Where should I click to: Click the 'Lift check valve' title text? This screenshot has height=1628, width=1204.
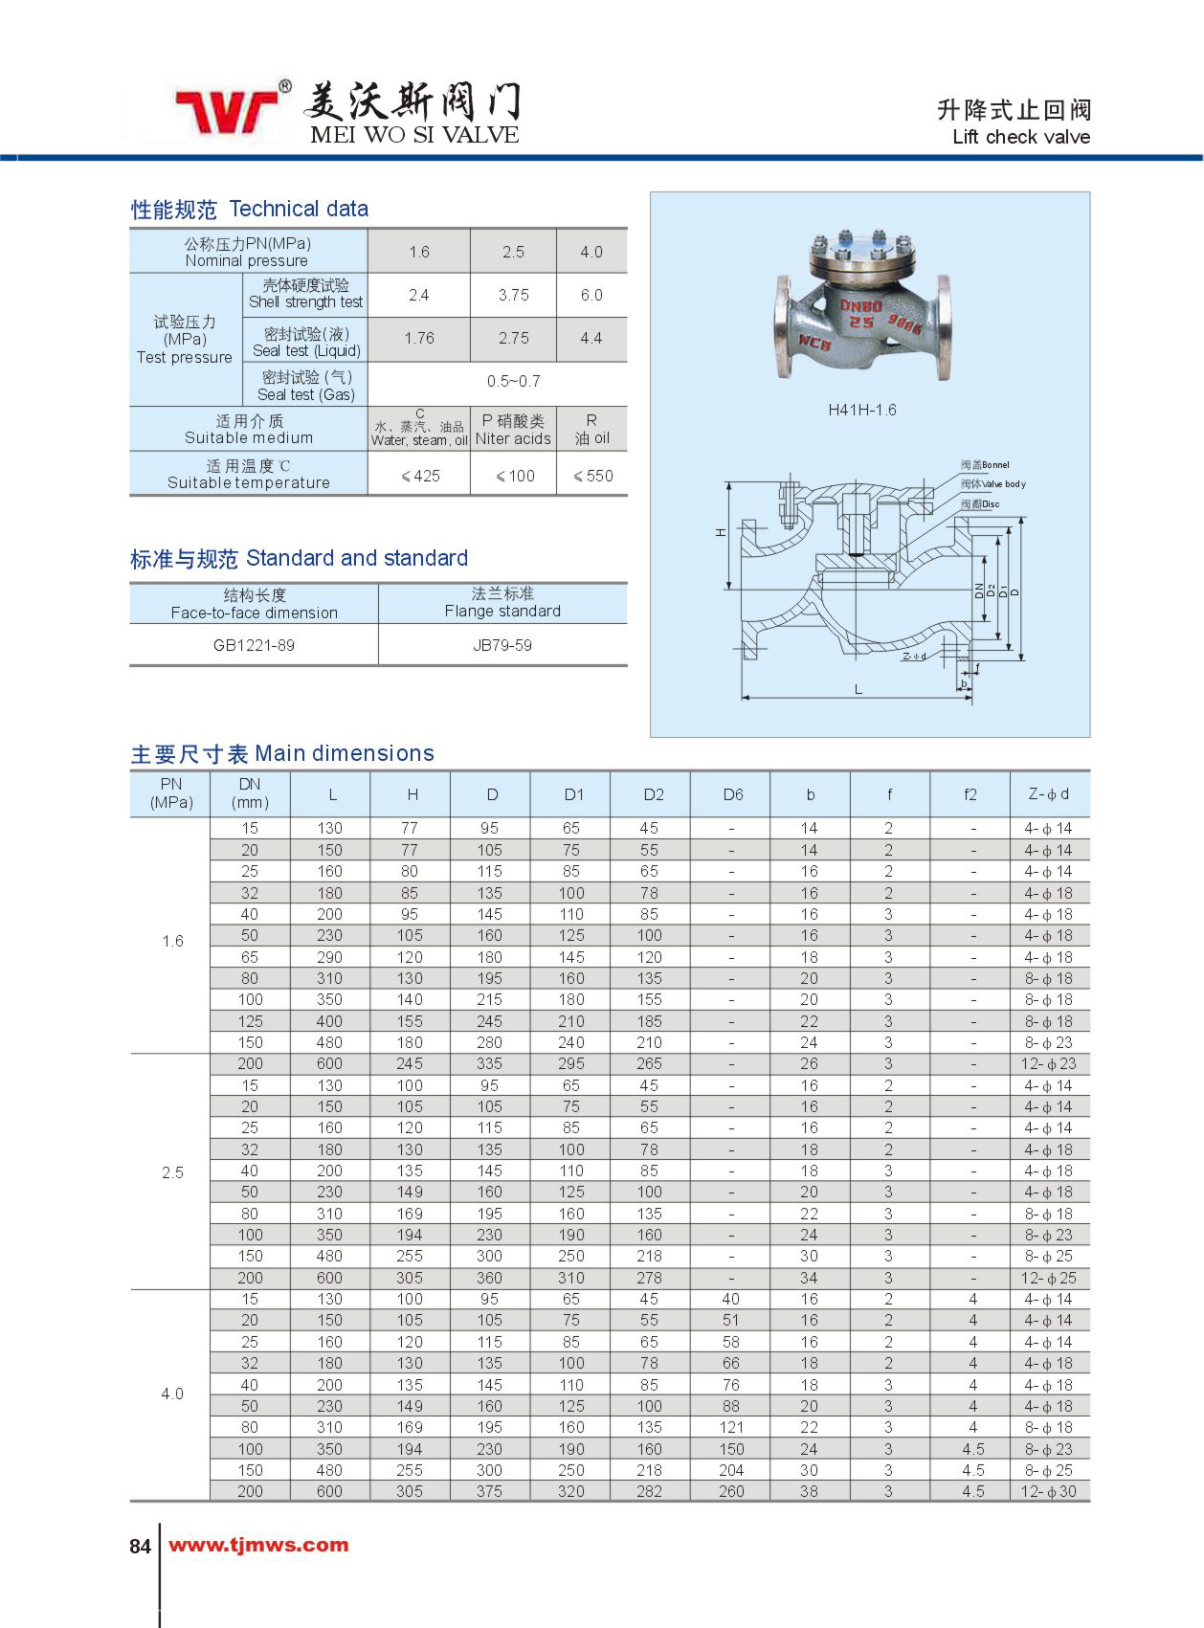[1020, 137]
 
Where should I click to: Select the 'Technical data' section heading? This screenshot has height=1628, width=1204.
[298, 209]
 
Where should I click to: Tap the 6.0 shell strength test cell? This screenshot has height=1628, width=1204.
[591, 295]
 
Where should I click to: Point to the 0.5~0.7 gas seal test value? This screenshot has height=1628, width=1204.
[513, 381]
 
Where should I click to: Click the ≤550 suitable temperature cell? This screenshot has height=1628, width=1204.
[592, 476]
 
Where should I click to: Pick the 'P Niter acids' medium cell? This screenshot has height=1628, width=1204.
[513, 430]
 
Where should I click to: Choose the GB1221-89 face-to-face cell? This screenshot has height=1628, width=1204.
[254, 645]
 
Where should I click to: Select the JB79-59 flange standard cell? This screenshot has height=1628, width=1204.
[502, 645]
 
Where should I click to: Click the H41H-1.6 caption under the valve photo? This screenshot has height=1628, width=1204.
[861, 410]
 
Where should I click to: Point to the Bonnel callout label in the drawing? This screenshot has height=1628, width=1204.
[985, 465]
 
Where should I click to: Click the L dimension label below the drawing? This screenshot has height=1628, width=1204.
[858, 689]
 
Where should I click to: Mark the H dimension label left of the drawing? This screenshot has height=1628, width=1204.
[721, 532]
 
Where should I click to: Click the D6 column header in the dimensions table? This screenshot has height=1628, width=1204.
[732, 794]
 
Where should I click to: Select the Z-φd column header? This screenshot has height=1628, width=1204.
[1048, 794]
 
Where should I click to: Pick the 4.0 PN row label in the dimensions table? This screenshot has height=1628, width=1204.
[171, 1394]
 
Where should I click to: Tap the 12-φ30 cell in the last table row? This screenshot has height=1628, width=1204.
[1048, 1491]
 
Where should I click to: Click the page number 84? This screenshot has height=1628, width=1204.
[140, 1546]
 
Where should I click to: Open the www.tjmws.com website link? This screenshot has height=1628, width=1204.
[258, 1545]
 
